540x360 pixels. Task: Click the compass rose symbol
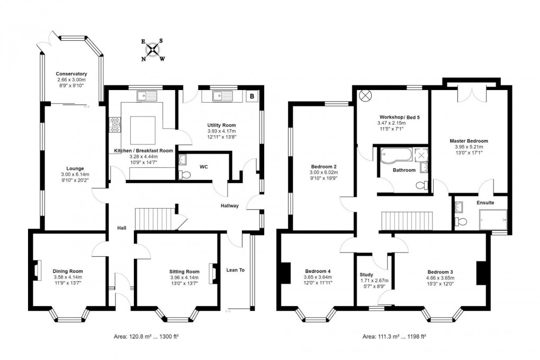coord(153,50)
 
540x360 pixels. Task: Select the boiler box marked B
coord(251,96)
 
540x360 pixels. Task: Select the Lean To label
coord(235,270)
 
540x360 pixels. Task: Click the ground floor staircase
coord(156,218)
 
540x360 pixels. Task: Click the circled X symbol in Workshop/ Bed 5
coord(365,96)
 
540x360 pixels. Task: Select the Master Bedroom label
coord(469,141)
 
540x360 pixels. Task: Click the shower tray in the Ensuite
coord(492,220)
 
